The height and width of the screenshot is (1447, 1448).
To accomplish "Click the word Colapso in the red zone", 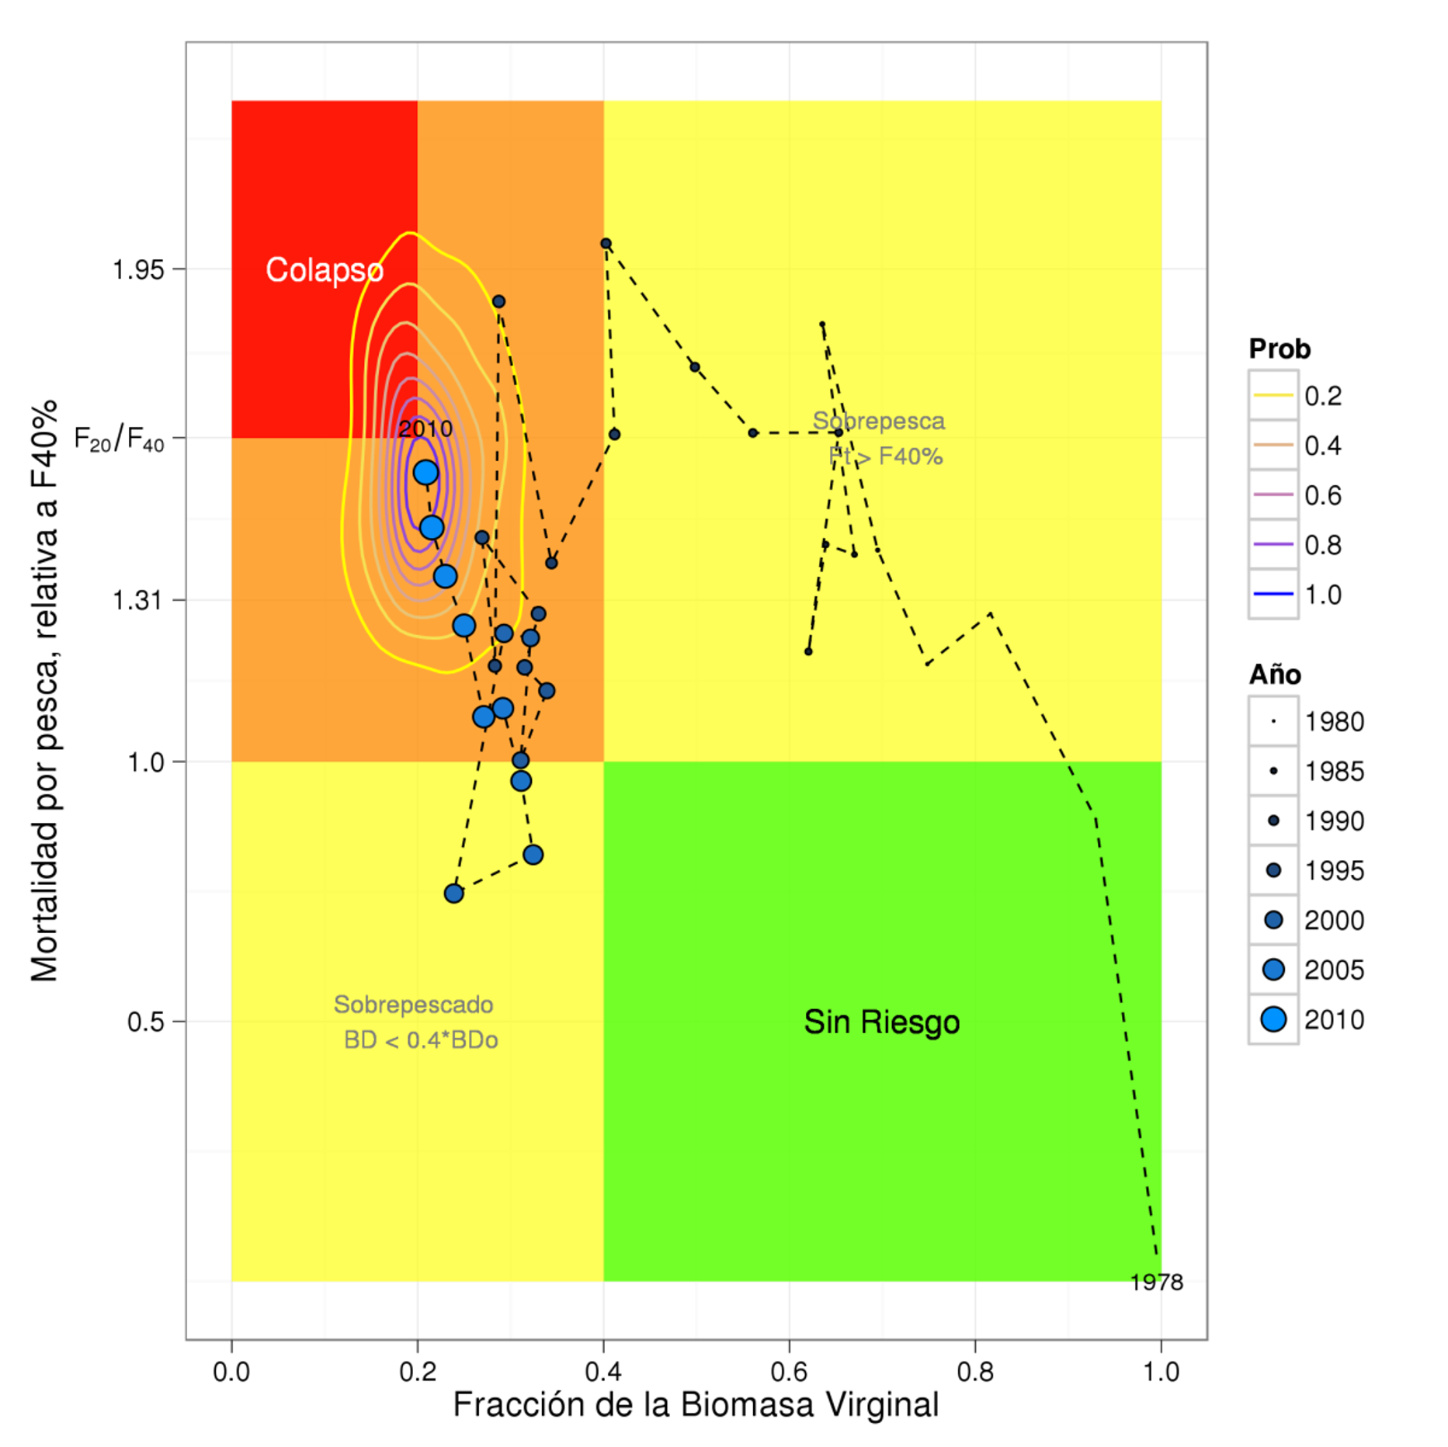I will pos(324,270).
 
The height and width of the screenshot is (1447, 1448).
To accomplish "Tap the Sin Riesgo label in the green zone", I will pos(881,1022).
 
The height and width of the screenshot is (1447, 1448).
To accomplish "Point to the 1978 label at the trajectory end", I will pos(1156,1282).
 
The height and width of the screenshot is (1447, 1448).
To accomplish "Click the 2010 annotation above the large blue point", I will pos(425,429).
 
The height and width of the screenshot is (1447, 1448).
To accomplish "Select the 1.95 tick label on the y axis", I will pos(138,270).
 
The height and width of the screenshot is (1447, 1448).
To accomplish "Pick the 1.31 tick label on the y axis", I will pos(138,600).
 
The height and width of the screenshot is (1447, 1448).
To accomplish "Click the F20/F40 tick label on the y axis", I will pos(119,439).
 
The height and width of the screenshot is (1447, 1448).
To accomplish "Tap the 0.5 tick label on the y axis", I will pos(145,1022).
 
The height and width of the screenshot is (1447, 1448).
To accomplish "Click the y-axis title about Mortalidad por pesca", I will pos(44,691).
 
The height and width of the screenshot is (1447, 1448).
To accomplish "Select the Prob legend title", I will pos(1280,349).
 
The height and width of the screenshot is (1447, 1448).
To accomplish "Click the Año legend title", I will pos(1275,675).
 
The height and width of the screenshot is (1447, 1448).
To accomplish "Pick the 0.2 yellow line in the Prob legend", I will pos(1273,395).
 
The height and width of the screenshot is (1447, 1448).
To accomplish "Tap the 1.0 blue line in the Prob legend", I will pos(1273,594).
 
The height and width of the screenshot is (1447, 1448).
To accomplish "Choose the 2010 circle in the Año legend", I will pos(1273,1019).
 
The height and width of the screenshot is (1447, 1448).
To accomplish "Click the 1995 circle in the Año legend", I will pos(1273,870).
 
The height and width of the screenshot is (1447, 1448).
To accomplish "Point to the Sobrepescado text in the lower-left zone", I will pos(413,1005).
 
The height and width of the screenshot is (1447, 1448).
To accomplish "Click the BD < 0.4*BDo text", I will pos(421,1040).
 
